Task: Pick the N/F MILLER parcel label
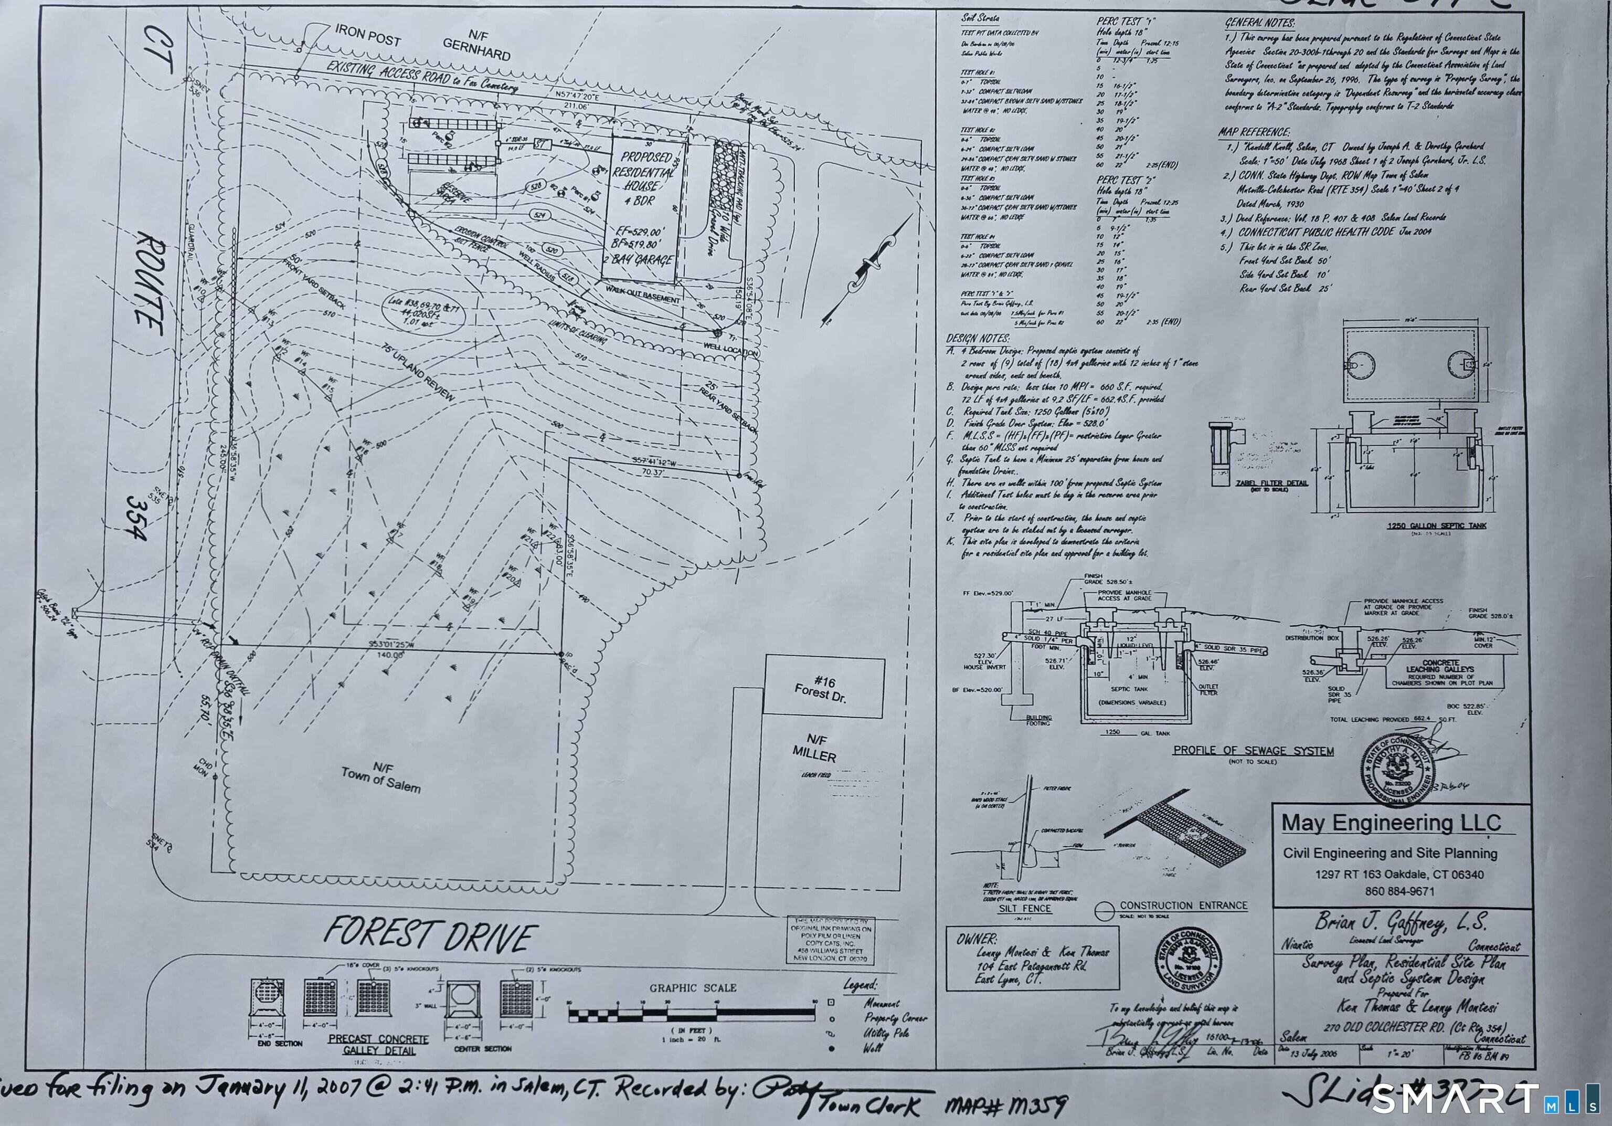(x=814, y=748)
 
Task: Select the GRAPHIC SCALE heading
(x=692, y=987)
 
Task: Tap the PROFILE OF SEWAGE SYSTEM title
(x=1253, y=750)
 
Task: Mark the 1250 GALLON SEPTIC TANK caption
(x=1426, y=525)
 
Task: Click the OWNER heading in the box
(x=977, y=939)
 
